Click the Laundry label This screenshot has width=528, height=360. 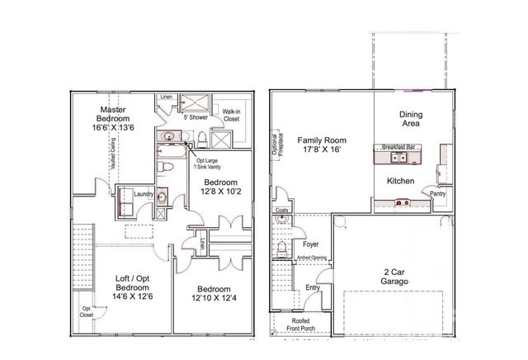155,195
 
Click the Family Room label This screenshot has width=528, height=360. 322,145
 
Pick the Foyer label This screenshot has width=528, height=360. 310,244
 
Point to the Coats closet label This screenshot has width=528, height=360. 281,211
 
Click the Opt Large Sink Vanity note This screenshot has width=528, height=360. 208,163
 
